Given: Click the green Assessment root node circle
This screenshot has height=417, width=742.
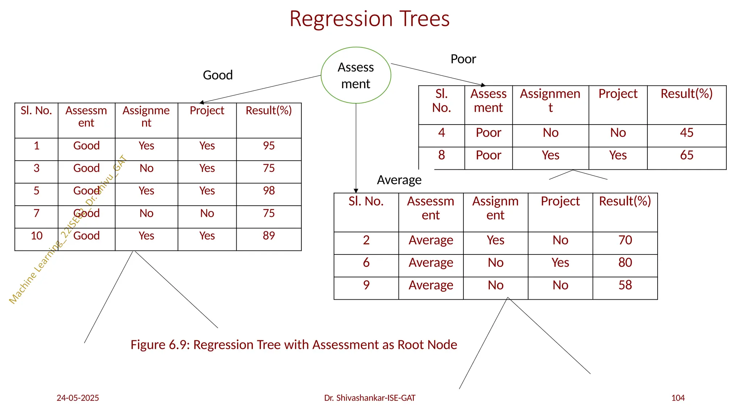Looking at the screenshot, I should pyautogui.click(x=356, y=75).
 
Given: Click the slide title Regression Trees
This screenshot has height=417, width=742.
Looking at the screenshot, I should pyautogui.click(x=369, y=19).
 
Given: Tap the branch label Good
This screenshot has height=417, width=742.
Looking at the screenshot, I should pyautogui.click(x=218, y=75).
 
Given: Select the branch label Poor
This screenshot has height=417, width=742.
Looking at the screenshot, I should pyautogui.click(x=463, y=59).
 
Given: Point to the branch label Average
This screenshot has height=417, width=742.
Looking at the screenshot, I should pyautogui.click(x=399, y=180).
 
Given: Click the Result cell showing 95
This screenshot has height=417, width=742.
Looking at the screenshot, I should pyautogui.click(x=269, y=146).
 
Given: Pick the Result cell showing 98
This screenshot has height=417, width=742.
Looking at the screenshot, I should pyautogui.click(x=269, y=191).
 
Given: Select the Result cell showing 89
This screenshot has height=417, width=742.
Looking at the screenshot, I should pyautogui.click(x=269, y=236).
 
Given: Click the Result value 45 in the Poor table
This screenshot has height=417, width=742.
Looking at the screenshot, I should pyautogui.click(x=687, y=133).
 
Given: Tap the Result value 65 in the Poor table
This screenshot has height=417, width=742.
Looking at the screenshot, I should pyautogui.click(x=687, y=155).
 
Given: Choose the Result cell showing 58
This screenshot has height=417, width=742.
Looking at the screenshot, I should pyautogui.click(x=625, y=285).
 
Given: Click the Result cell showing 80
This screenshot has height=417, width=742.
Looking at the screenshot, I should pyautogui.click(x=625, y=263).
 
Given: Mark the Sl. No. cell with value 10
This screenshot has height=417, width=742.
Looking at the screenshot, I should pyautogui.click(x=37, y=236).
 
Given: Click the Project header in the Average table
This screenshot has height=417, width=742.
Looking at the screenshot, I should pyautogui.click(x=560, y=201).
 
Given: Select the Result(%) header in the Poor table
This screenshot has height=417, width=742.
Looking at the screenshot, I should pyautogui.click(x=687, y=94).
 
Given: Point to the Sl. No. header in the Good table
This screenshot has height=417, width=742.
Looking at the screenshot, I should pyautogui.click(x=36, y=111).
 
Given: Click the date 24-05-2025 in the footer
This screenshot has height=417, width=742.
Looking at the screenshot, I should pyautogui.click(x=78, y=398).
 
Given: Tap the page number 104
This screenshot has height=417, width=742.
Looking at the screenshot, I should pyautogui.click(x=678, y=398).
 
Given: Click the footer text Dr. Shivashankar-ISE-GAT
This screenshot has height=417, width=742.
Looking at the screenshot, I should pyautogui.click(x=370, y=398).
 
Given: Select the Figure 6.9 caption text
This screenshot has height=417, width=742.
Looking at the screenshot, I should pyautogui.click(x=294, y=345).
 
